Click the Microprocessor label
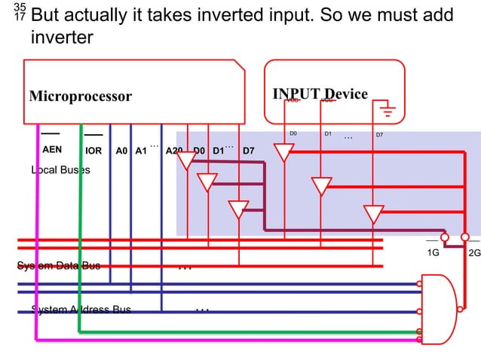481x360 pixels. (80, 96)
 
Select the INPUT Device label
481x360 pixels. (320, 94)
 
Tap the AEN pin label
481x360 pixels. (52, 150)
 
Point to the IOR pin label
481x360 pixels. (93, 151)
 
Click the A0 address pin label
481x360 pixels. (121, 151)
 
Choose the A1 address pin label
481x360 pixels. (140, 151)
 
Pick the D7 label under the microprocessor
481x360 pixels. (247, 151)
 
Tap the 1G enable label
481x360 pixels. (432, 253)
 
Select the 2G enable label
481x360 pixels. (474, 253)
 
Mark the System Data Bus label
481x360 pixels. (59, 265)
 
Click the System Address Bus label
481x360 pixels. (81, 310)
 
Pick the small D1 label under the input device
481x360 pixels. (328, 134)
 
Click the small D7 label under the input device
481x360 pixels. (379, 136)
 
